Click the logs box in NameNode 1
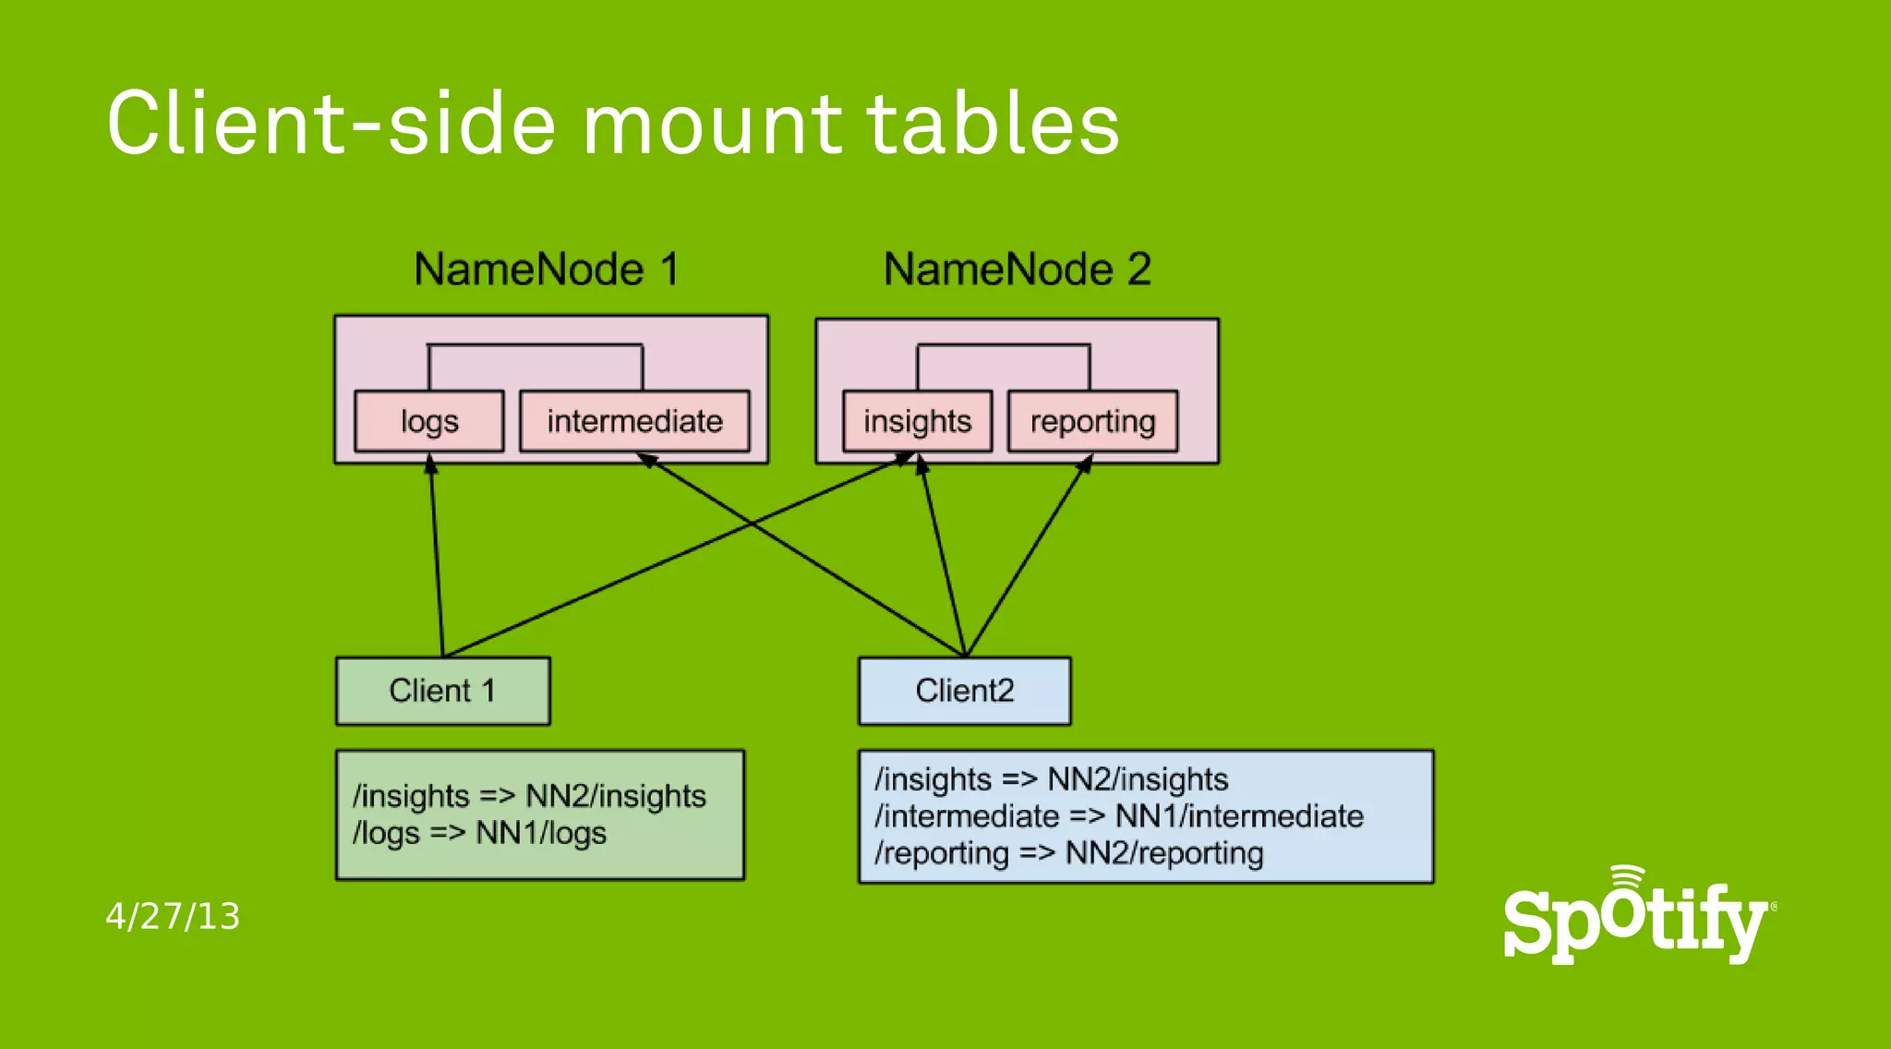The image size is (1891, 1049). [429, 421]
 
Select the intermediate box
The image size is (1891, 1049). [634, 421]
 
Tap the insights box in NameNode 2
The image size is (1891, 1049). [917, 421]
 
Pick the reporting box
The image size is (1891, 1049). [1092, 421]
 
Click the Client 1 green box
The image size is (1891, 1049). [442, 691]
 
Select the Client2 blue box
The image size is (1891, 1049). [964, 691]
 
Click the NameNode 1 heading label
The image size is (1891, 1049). [547, 270]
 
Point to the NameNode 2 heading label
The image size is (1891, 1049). [1017, 270]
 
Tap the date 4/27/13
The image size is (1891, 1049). [173, 916]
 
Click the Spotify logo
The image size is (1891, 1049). [1636, 917]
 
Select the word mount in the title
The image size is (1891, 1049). [712, 124]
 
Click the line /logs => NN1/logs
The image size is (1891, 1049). [479, 833]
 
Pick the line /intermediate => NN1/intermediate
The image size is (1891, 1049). [1119, 816]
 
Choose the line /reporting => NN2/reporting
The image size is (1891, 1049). [1069, 853]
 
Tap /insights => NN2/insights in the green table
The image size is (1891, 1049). [529, 796]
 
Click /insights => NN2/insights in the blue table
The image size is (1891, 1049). [1052, 779]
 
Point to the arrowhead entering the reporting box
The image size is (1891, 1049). [1087, 462]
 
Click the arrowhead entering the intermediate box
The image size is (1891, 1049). [646, 458]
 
